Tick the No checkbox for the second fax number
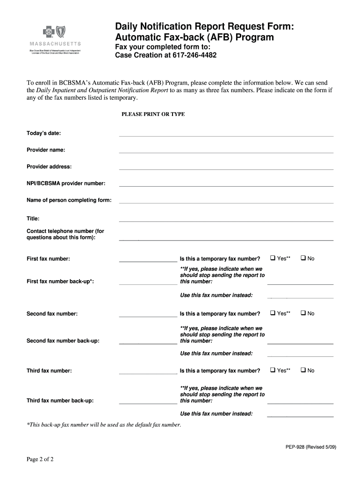303,313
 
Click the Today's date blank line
226,136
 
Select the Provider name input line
226,152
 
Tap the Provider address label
49,167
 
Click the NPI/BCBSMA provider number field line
226,186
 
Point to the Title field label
33,218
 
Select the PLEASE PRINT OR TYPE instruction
153,114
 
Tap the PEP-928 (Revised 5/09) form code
311,447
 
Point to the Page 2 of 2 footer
40,459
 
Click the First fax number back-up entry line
148,284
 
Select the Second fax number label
52,313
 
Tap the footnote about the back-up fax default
104,425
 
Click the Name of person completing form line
226,203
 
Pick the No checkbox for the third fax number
303,370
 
